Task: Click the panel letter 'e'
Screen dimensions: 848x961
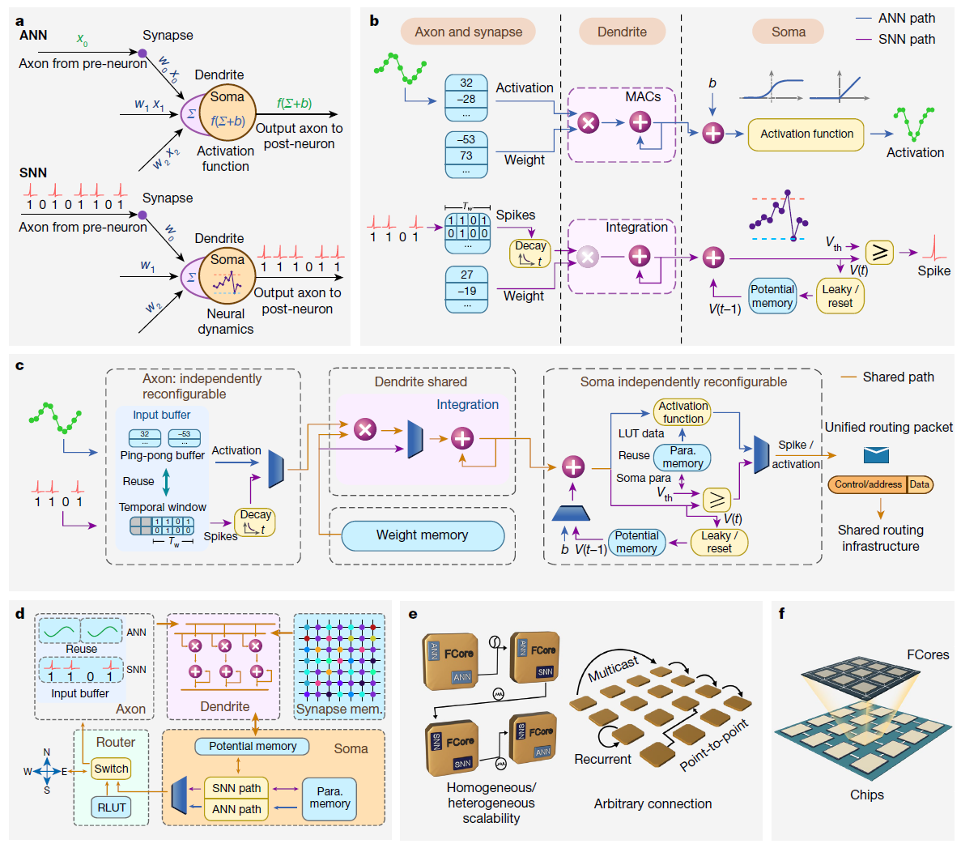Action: [x=413, y=614]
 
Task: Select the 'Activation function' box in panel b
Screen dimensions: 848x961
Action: [x=806, y=134]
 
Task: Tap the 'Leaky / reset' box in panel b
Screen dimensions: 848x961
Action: [x=840, y=296]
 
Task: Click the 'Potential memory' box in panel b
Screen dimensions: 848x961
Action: [x=772, y=296]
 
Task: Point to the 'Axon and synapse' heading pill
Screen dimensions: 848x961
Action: [x=468, y=32]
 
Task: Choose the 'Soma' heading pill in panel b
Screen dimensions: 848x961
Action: [x=788, y=32]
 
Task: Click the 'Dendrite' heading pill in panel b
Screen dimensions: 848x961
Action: [x=622, y=32]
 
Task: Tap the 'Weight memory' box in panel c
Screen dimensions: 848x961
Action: [x=422, y=535]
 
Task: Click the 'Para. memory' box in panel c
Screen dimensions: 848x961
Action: [x=682, y=458]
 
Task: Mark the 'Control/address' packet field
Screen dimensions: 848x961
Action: [x=868, y=484]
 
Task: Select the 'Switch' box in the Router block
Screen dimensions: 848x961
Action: [x=111, y=769]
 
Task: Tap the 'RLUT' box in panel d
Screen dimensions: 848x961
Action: [x=111, y=808]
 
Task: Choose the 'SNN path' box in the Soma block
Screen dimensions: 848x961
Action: [x=236, y=788]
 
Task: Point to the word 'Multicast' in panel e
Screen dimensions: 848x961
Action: [x=613, y=669]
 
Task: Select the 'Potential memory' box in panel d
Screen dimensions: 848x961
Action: [x=252, y=747]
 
